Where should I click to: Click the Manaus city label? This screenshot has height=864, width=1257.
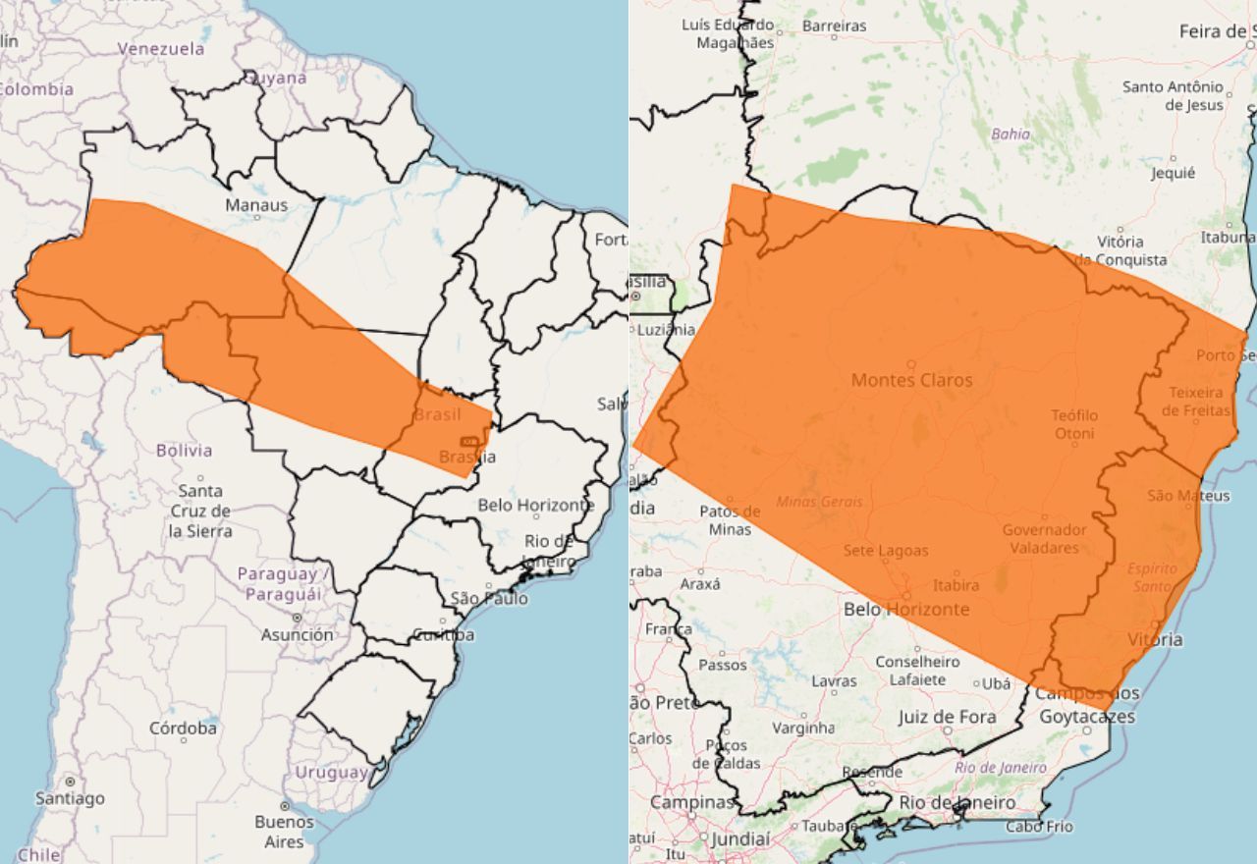(256, 205)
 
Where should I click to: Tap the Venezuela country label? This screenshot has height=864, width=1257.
(161, 48)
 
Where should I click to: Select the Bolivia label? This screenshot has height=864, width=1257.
(184, 451)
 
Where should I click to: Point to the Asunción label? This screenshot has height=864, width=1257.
(297, 635)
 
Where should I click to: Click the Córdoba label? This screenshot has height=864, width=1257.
(183, 729)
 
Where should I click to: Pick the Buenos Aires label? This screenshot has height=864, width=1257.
(284, 832)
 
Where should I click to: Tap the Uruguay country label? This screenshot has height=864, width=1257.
(331, 773)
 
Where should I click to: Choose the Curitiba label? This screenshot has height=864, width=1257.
(443, 635)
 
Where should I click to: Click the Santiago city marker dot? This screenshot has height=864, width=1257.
(70, 782)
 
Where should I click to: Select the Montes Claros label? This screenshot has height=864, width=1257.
(911, 380)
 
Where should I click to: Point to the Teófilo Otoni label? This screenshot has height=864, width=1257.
(1074, 424)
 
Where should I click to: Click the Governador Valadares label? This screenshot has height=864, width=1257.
(1043, 539)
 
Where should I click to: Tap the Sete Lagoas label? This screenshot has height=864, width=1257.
(885, 551)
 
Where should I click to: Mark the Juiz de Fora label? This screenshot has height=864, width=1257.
(947, 718)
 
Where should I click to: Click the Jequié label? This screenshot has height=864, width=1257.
(1174, 173)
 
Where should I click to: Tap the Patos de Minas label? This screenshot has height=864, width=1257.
(729, 520)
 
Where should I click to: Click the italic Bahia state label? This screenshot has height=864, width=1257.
(1011, 134)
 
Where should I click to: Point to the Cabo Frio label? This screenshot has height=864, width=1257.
(1038, 827)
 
